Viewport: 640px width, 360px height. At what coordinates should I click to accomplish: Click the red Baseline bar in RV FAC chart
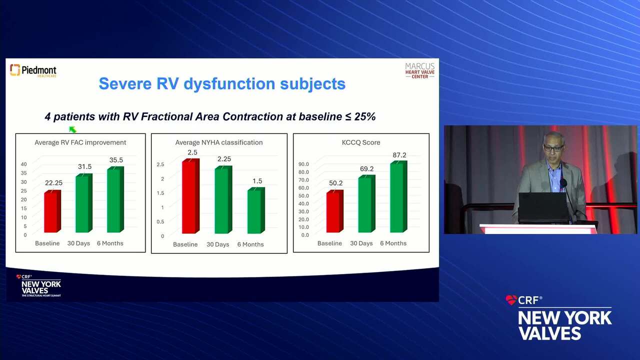pos(52,211)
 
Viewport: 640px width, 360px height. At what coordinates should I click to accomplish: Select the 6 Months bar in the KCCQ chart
pos(398,196)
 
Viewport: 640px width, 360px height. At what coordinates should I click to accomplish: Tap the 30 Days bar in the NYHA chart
pos(223,199)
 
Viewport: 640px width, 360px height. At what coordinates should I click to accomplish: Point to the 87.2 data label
pos(399,155)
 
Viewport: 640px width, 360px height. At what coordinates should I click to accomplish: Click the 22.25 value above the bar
pos(53,183)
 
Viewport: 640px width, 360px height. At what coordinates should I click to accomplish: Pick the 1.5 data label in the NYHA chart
pos(257,181)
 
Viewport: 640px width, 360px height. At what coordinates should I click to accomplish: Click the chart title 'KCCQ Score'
pos(361,142)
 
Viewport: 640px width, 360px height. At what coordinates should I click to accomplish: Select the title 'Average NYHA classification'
pos(219,142)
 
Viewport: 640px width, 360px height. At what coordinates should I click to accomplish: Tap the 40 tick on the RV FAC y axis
pos(23,164)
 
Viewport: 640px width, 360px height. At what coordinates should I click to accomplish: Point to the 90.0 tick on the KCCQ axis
pos(303,164)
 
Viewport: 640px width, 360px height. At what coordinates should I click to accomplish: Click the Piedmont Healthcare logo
pos(33,70)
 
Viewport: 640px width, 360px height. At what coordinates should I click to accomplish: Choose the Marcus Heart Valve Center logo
pos(419,70)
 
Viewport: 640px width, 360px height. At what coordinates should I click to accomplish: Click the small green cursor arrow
pos(72,129)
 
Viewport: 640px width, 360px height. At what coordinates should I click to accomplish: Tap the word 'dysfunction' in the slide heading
pos(229,83)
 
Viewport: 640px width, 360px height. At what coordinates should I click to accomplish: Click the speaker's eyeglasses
pos(553,147)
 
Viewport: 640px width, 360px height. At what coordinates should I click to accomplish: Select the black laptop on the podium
pos(543,207)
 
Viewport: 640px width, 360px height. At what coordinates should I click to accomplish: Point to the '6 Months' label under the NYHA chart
pos(250,244)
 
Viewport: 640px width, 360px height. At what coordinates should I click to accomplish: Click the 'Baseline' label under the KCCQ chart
pos(329,243)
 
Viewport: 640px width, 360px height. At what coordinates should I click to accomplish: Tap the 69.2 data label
pos(366,169)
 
